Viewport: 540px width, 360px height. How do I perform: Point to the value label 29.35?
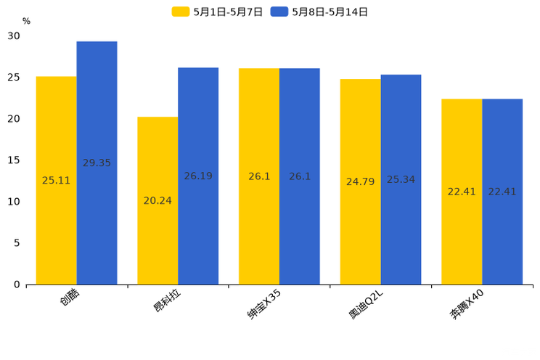point(97,163)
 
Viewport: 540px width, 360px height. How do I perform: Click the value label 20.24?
point(157,201)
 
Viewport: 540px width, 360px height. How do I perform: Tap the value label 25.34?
point(401,179)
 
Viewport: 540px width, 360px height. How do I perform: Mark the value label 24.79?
point(360,182)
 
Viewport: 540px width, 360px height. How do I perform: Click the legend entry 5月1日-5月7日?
point(218,12)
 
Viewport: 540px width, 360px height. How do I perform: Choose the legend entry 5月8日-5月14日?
point(320,12)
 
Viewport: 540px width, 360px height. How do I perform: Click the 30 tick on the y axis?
point(14,36)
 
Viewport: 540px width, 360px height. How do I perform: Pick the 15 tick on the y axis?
point(14,160)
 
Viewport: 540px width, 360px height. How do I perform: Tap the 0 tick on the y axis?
point(17,285)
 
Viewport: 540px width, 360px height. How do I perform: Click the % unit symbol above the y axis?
point(26,21)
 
